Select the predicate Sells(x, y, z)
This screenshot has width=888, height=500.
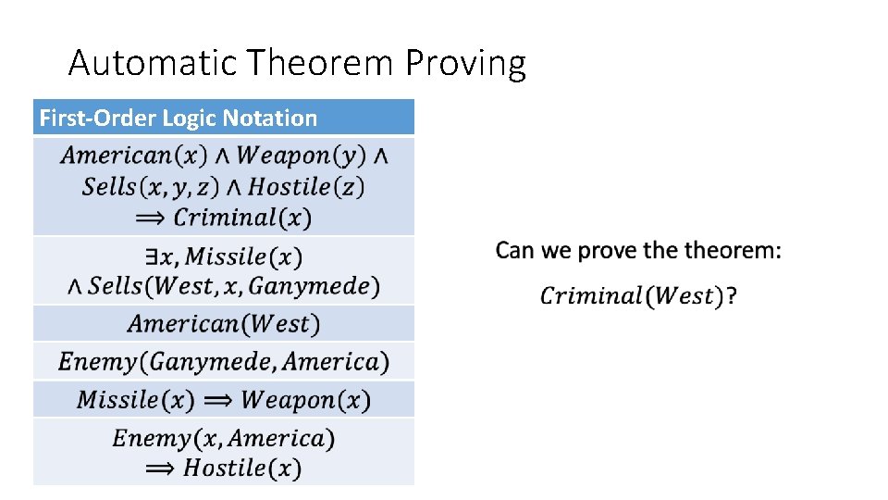click(150, 187)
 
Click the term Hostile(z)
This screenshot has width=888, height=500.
click(306, 187)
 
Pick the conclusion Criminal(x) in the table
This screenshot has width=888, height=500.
click(242, 219)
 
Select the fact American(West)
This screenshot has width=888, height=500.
click(224, 324)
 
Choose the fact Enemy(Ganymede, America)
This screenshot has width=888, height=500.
click(224, 361)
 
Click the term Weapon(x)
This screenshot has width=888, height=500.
click(305, 400)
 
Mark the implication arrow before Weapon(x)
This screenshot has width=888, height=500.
click(217, 400)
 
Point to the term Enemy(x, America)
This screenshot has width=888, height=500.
click(224, 438)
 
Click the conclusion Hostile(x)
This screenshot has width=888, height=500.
click(242, 469)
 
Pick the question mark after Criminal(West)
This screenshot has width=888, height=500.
click(732, 296)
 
